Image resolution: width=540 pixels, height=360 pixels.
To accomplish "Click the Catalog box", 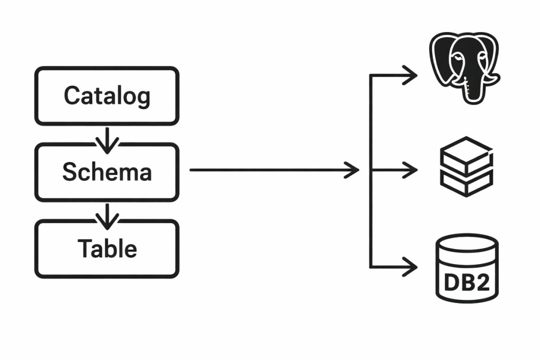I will click(107, 96).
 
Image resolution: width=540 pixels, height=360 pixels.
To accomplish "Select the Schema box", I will click(107, 172).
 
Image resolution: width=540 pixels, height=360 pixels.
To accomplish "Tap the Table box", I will click(107, 249).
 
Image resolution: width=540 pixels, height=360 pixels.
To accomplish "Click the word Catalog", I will click(107, 96).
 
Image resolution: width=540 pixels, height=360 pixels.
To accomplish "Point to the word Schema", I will click(107, 172).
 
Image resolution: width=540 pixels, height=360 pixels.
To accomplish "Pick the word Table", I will click(107, 248).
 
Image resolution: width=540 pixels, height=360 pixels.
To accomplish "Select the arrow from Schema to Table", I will click(107, 215).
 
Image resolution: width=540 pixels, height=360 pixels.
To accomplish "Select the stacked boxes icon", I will click(466, 166).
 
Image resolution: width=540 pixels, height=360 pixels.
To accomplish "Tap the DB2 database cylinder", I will click(467, 269).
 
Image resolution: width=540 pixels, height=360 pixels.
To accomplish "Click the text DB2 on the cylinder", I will click(467, 283).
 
